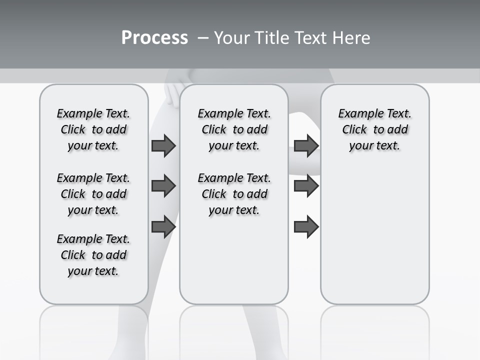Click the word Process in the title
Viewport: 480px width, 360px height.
(x=154, y=38)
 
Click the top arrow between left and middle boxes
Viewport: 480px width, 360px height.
(x=163, y=145)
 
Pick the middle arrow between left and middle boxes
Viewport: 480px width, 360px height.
(x=163, y=186)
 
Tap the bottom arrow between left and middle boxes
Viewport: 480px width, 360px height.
(x=163, y=227)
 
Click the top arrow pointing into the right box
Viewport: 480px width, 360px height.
(x=306, y=145)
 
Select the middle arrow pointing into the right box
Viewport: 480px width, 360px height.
(x=306, y=186)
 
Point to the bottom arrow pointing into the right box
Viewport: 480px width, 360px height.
(x=306, y=227)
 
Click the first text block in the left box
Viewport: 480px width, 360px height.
(x=93, y=129)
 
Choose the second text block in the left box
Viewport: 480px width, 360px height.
(x=93, y=194)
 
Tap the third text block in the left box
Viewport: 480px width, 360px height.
(x=93, y=255)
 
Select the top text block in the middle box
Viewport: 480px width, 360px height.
(x=234, y=129)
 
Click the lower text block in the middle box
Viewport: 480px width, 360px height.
(x=234, y=194)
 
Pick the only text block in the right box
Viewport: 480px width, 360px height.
(x=375, y=129)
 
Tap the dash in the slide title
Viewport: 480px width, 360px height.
(x=203, y=38)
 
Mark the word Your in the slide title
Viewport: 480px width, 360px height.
(x=231, y=38)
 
